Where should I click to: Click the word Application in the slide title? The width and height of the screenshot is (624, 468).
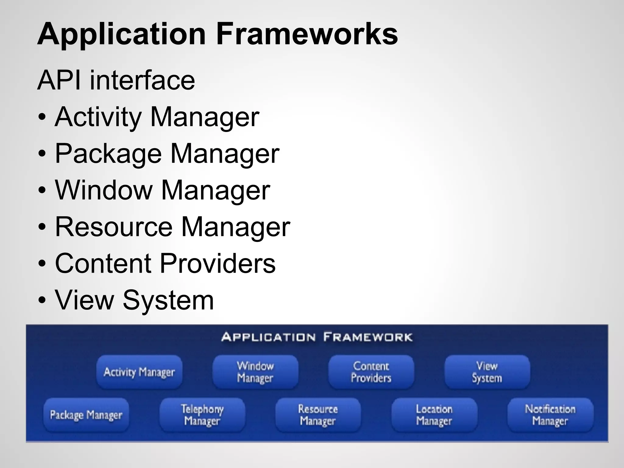121,34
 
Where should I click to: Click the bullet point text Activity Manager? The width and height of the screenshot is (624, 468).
157,117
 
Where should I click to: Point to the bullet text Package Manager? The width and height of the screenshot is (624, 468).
167,154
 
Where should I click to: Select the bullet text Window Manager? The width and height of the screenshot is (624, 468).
162,190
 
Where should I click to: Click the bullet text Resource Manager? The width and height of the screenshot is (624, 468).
172,227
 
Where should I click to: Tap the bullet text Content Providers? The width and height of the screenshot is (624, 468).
165,263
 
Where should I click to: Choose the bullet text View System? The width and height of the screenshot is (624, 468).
134,300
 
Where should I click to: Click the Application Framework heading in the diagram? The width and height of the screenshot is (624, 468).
317,337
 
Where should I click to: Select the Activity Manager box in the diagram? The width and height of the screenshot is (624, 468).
139,372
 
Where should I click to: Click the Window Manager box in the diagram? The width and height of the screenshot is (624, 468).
255,372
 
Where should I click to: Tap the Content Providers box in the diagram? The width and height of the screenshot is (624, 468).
371,372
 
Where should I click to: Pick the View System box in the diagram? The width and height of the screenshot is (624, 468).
487,372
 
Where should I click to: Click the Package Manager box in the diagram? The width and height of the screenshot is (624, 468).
86,415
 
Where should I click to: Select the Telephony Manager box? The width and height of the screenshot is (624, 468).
202,415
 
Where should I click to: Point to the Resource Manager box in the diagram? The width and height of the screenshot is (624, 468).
318,415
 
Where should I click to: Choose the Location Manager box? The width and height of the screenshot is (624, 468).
434,415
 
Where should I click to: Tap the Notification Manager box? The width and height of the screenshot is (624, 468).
550,415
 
